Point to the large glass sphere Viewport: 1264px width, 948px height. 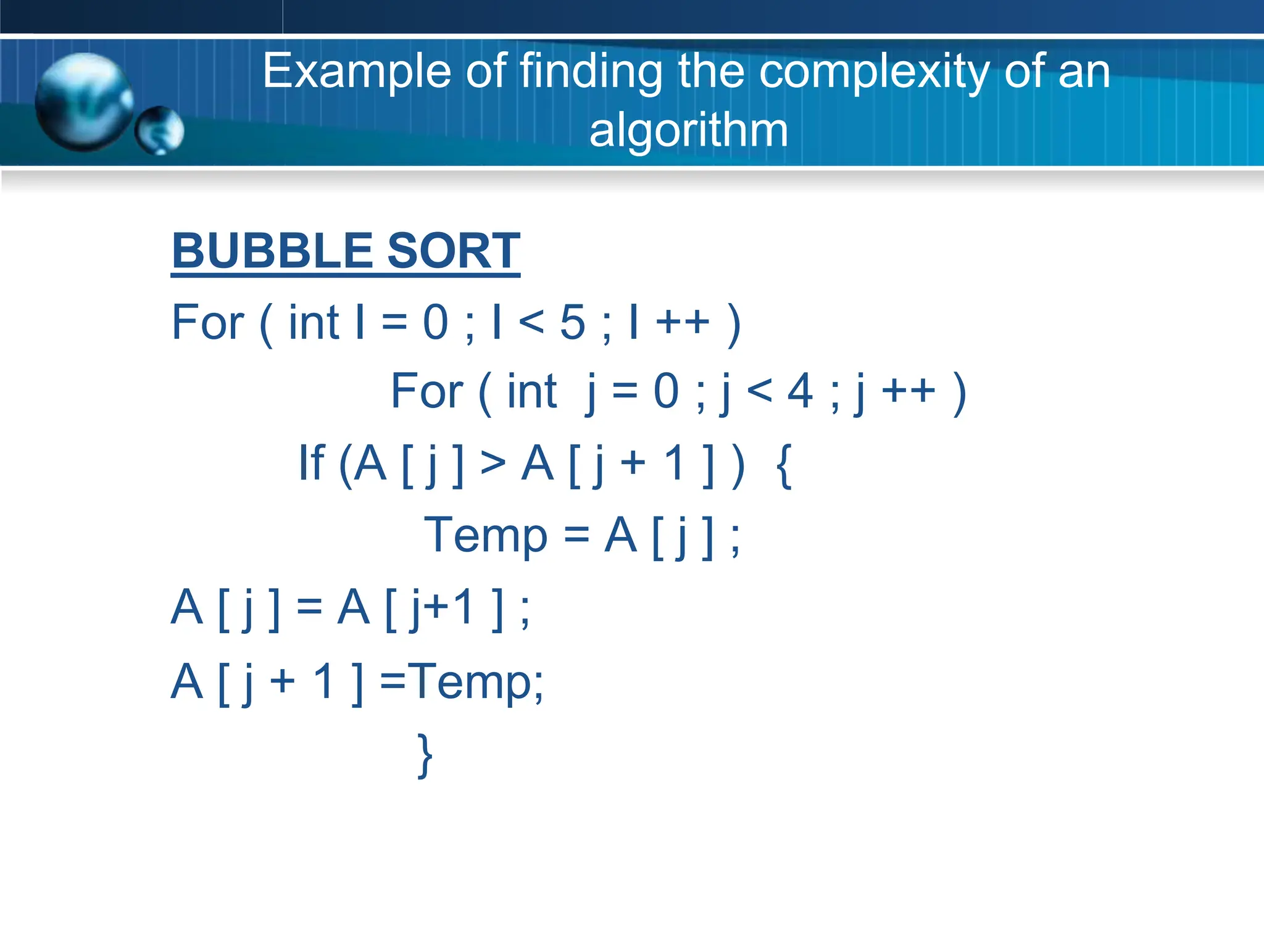(x=83, y=102)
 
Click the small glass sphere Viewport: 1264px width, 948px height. (x=160, y=130)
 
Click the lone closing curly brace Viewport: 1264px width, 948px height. (x=425, y=755)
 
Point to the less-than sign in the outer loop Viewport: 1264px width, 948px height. (x=531, y=323)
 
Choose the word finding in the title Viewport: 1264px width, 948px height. (x=591, y=72)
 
